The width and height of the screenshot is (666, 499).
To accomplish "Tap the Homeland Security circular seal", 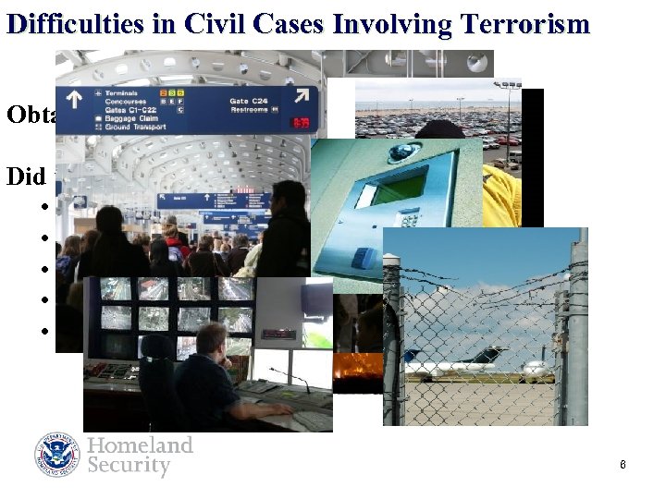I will (57, 455).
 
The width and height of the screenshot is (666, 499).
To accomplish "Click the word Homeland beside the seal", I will (140, 445).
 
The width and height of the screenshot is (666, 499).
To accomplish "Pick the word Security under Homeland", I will (129, 466).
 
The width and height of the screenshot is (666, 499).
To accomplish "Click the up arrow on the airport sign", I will (76, 95).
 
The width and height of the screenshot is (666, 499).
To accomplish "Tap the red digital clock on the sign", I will (301, 121).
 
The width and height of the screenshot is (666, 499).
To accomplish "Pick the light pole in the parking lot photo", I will (507, 111).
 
